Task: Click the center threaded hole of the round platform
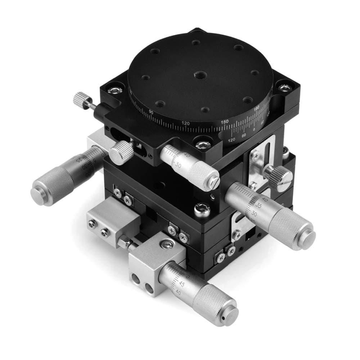point(198,75)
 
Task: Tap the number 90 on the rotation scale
point(151,112)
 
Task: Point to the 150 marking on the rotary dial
point(224,122)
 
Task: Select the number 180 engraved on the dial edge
point(257,108)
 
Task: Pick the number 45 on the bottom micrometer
point(182,284)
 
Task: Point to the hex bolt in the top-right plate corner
point(285,87)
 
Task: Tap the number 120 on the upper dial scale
point(185,123)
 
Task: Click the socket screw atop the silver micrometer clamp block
point(166,245)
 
